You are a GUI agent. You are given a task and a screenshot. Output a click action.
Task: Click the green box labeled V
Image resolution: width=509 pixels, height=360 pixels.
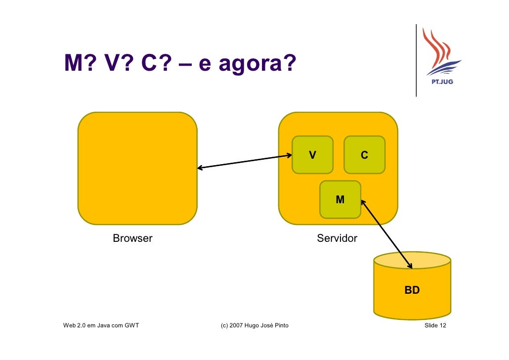pyautogui.click(x=312, y=155)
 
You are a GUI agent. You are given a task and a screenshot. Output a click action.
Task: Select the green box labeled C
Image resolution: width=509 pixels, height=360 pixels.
pyautogui.click(x=364, y=155)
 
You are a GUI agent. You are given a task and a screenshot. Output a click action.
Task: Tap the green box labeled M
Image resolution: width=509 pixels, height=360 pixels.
pyautogui.click(x=340, y=199)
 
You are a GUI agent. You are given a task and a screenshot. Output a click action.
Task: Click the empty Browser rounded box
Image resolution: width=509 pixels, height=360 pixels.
pyautogui.click(x=137, y=168)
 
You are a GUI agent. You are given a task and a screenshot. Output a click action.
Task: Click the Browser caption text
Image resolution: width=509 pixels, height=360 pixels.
pyautogui.click(x=132, y=238)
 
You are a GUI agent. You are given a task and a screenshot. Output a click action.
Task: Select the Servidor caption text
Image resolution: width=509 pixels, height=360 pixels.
pyautogui.click(x=337, y=238)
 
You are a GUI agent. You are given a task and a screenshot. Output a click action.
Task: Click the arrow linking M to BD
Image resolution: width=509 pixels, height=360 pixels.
pyautogui.click(x=386, y=233)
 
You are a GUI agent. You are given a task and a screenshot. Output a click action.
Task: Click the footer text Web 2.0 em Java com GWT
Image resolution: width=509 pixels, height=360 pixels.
pyautogui.click(x=101, y=325)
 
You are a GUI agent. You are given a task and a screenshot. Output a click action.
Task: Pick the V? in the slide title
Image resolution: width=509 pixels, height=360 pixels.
pyautogui.click(x=115, y=63)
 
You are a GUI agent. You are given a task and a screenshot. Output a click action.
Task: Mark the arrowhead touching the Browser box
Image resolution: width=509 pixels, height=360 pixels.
pyautogui.click(x=201, y=168)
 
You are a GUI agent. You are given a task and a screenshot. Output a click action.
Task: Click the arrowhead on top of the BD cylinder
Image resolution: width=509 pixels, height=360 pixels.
pyautogui.click(x=410, y=266)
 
